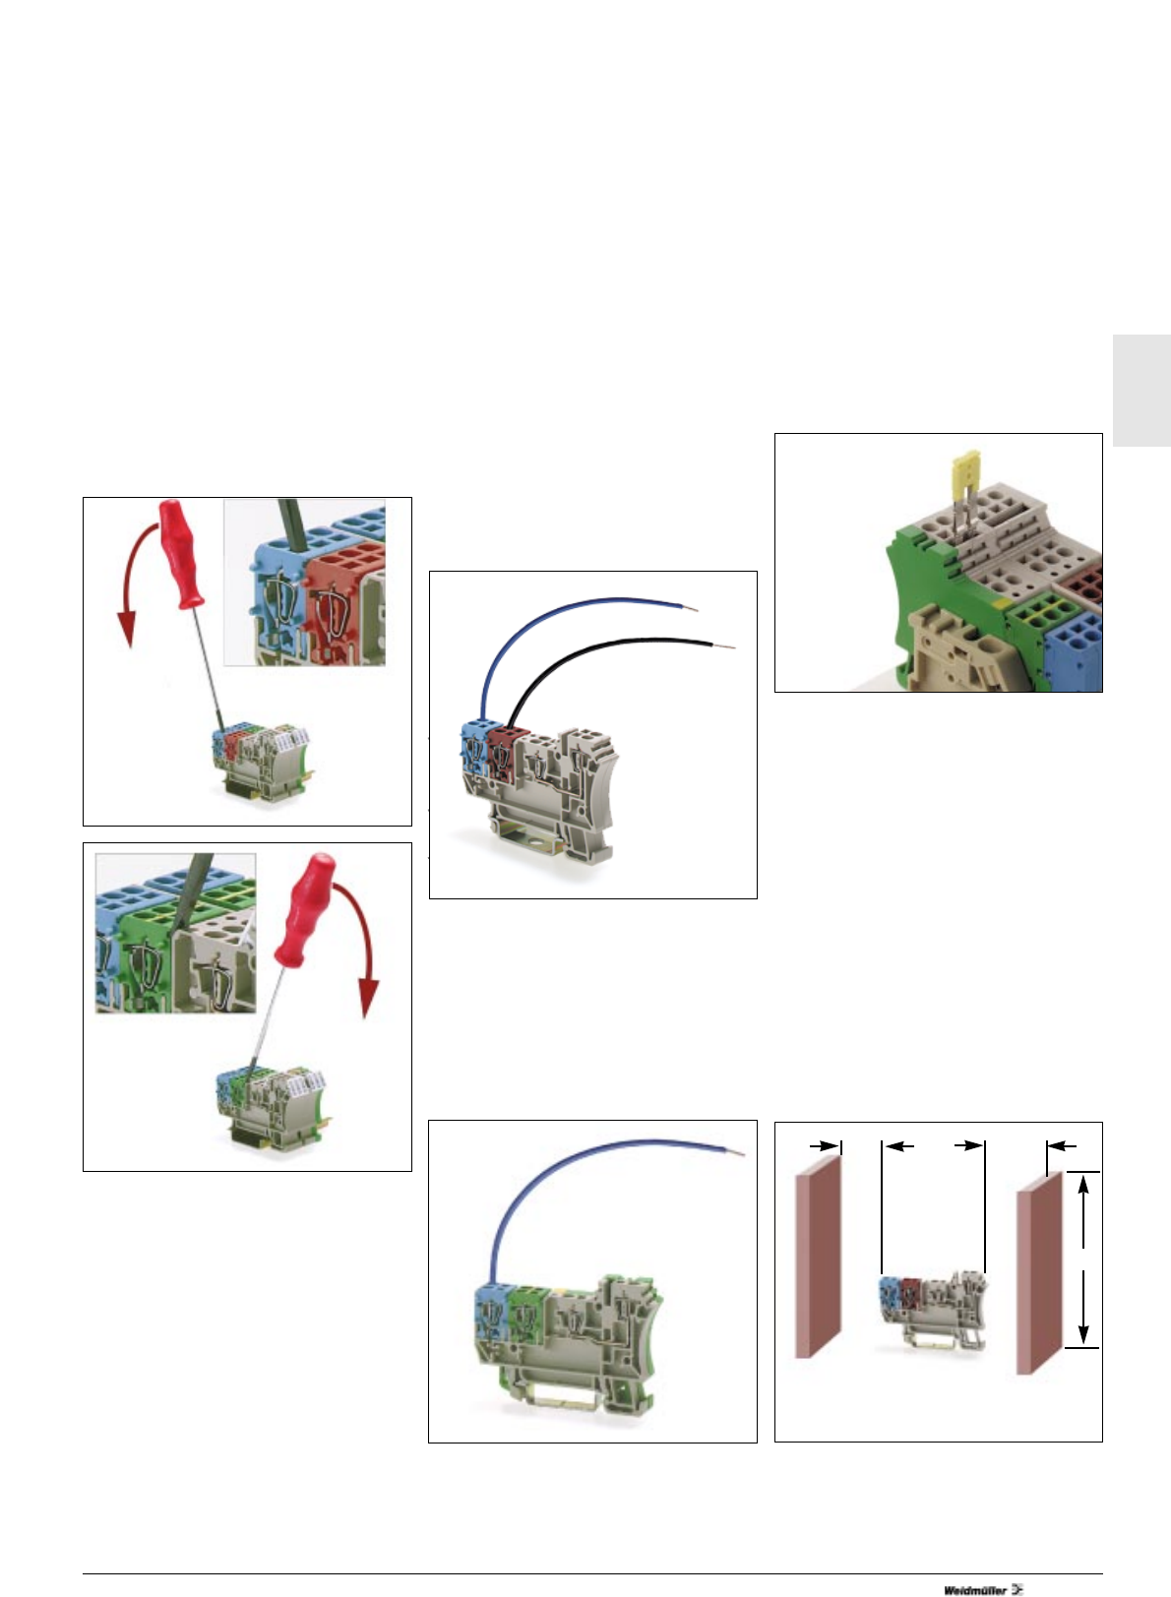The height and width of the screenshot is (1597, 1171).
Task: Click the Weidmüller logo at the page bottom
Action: pyautogui.click(x=982, y=1589)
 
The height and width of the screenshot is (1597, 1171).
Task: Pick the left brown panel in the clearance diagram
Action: pyautogui.click(x=819, y=1254)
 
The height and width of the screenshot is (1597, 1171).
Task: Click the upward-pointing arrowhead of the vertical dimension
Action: pyautogui.click(x=1083, y=1187)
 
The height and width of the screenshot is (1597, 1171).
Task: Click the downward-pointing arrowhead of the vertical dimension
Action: pyautogui.click(x=1083, y=1332)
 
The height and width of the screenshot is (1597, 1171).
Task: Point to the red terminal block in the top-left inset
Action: pyautogui.click(x=340, y=600)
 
